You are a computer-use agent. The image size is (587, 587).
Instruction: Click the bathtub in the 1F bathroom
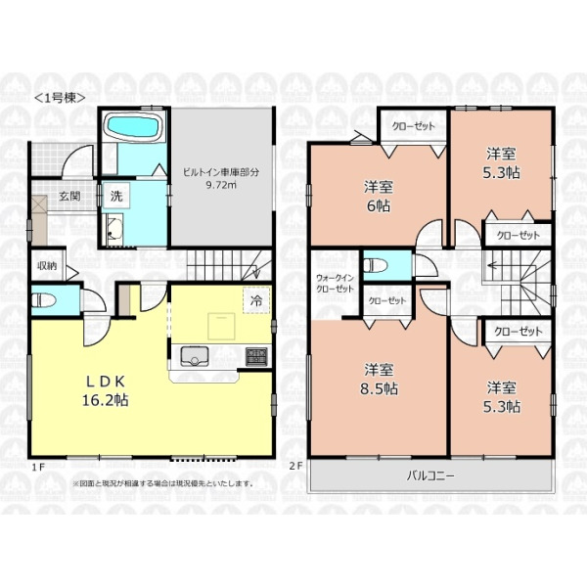[x=132, y=126]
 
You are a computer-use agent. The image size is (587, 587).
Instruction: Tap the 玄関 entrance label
[x=69, y=196]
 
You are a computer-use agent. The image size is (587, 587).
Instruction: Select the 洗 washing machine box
[x=116, y=196]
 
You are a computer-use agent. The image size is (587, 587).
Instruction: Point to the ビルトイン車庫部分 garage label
[x=221, y=178]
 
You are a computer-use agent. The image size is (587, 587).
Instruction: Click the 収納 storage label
[x=47, y=266]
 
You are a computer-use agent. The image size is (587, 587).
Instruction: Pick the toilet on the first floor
[x=44, y=300]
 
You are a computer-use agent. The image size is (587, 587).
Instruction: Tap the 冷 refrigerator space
[x=256, y=300]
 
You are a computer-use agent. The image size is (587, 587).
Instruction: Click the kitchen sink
[x=195, y=356]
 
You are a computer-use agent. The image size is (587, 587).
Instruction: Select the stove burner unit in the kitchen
[x=256, y=357]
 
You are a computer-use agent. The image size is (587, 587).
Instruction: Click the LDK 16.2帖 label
[x=106, y=391]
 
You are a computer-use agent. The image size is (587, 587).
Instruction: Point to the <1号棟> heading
[x=61, y=98]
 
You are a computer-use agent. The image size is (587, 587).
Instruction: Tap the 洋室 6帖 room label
[x=378, y=197]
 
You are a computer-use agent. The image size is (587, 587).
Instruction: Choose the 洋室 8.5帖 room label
[x=379, y=379]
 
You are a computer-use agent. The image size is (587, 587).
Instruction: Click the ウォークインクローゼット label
[x=335, y=284]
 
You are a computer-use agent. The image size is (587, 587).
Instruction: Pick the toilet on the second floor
[x=376, y=266]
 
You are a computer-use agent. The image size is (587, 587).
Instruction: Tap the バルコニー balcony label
[x=430, y=476]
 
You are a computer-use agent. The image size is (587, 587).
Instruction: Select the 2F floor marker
[x=295, y=466]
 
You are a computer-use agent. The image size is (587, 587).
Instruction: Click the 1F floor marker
[x=38, y=467]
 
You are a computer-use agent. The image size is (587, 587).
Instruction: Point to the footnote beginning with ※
[x=163, y=483]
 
